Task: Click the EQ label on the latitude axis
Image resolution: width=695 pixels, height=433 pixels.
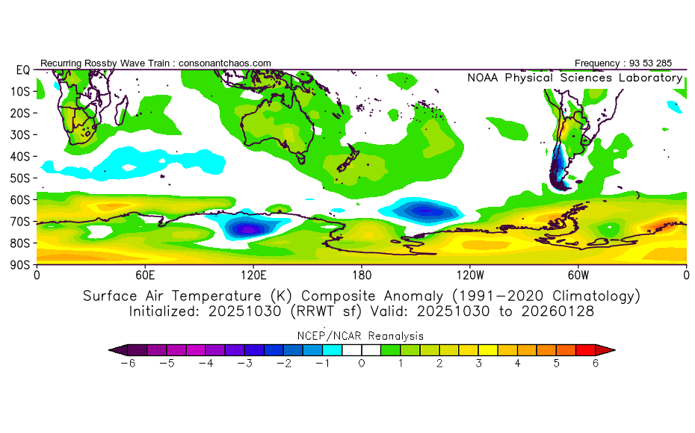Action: click(22, 69)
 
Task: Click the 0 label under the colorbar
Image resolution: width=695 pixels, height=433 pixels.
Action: click(361, 363)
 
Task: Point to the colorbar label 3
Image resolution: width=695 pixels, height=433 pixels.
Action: click(479, 363)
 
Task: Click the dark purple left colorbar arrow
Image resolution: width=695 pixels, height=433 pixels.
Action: click(116, 349)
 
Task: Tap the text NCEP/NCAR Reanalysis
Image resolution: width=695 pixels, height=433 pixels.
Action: click(361, 336)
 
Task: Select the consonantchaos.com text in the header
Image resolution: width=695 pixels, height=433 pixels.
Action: click(225, 63)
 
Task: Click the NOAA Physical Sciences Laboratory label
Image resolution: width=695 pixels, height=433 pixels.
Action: click(574, 78)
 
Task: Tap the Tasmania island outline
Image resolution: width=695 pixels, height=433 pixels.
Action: click(301, 158)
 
